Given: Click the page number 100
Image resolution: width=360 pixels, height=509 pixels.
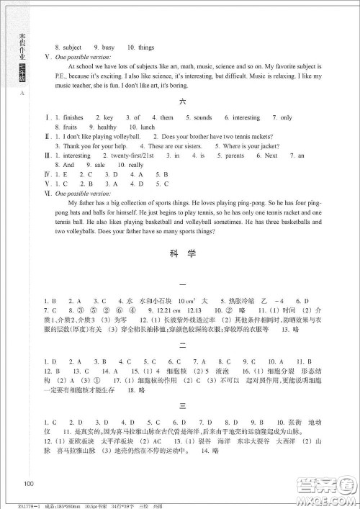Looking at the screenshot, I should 29,482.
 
